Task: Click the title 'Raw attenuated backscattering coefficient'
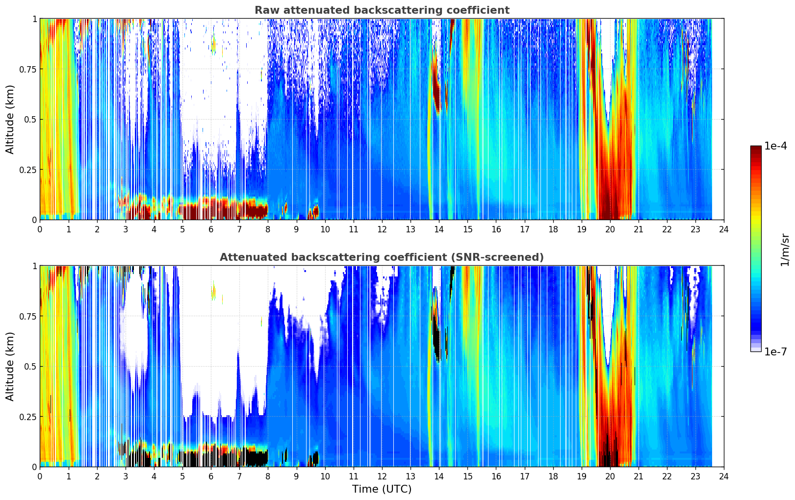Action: coord(382,10)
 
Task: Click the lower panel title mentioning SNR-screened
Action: coord(382,257)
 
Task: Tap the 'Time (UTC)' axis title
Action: coord(382,489)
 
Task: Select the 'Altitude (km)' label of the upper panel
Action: coord(10,119)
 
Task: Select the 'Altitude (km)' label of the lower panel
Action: coord(10,366)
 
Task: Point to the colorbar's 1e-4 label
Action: coord(776,146)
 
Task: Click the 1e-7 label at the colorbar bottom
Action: coord(776,351)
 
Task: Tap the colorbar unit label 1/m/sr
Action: coord(784,250)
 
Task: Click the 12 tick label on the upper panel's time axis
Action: coord(382,229)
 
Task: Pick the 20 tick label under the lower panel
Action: coord(610,476)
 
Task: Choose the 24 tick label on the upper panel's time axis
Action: coord(723,229)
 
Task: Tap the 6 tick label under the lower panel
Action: coord(211,476)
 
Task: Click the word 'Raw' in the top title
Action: coord(264,10)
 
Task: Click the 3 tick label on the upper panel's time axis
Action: coord(125,229)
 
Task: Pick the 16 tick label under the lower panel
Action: coord(496,476)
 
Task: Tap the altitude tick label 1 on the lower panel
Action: coord(34,266)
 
